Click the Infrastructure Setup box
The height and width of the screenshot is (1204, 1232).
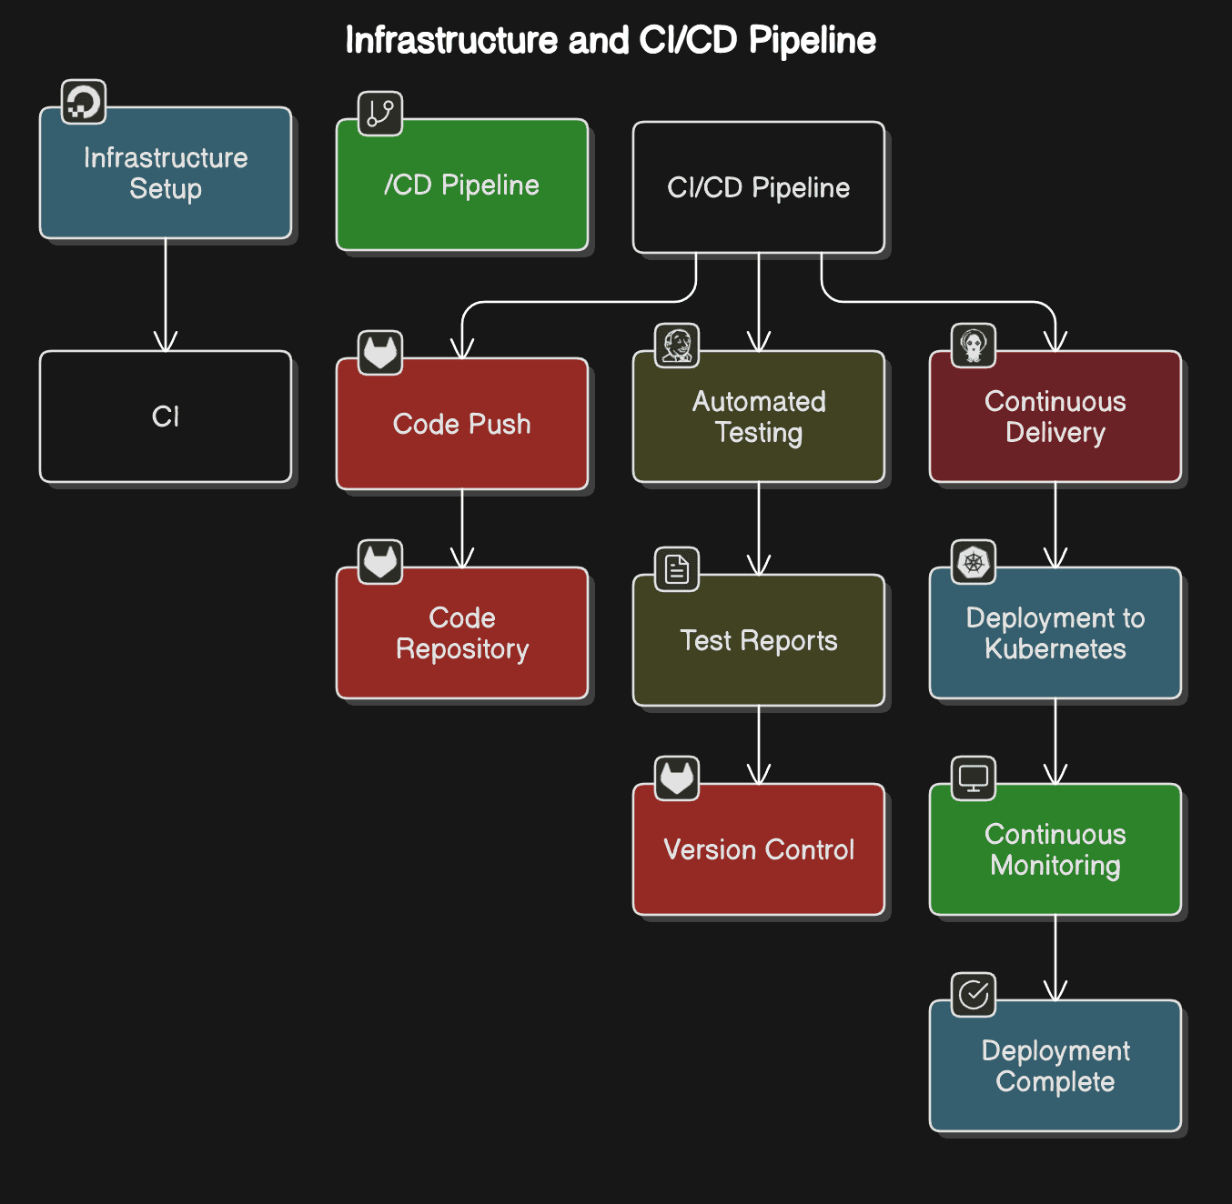(166, 173)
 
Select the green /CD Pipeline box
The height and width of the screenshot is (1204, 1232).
(462, 185)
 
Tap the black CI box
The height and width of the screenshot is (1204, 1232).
(166, 416)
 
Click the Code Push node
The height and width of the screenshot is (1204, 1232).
(462, 424)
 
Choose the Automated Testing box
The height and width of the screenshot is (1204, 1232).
(759, 416)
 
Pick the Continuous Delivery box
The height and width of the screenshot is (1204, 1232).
(1055, 416)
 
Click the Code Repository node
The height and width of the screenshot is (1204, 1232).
(462, 633)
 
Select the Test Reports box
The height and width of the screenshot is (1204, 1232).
(759, 640)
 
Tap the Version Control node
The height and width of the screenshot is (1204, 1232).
(759, 849)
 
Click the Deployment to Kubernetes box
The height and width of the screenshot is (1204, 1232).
(1055, 633)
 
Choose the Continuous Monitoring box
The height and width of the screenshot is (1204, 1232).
(1055, 849)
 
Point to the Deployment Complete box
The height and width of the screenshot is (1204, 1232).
(1055, 1066)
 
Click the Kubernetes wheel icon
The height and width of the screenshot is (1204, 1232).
(974, 562)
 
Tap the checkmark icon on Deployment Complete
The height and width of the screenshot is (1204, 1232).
(974, 995)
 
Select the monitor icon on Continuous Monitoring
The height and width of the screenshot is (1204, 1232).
(974, 778)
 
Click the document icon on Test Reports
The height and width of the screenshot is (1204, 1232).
(677, 569)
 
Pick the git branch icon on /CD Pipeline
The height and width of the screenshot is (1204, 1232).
(380, 114)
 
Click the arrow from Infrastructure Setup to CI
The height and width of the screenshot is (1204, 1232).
(166, 296)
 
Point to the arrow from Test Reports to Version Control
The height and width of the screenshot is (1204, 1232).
(759, 746)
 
